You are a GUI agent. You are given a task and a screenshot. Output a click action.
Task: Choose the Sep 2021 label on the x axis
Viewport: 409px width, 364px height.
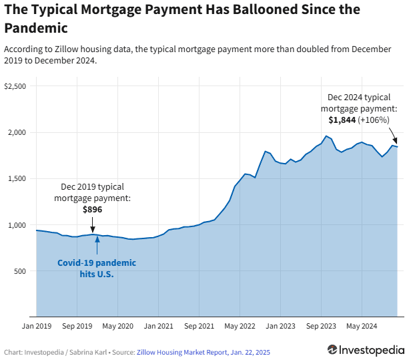click(199, 326)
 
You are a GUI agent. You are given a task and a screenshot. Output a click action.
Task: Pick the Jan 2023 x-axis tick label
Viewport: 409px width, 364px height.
click(280, 326)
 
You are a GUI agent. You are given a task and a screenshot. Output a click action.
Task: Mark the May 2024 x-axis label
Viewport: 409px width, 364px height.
click(361, 326)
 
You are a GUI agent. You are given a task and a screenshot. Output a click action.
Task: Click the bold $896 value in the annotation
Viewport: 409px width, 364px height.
click(93, 209)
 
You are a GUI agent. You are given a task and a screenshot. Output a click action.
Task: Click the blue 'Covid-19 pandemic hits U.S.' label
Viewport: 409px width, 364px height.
click(96, 268)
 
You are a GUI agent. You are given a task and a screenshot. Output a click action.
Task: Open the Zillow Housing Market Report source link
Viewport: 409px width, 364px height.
click(203, 352)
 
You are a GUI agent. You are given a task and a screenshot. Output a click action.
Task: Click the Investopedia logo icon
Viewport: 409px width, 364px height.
click(332, 350)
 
